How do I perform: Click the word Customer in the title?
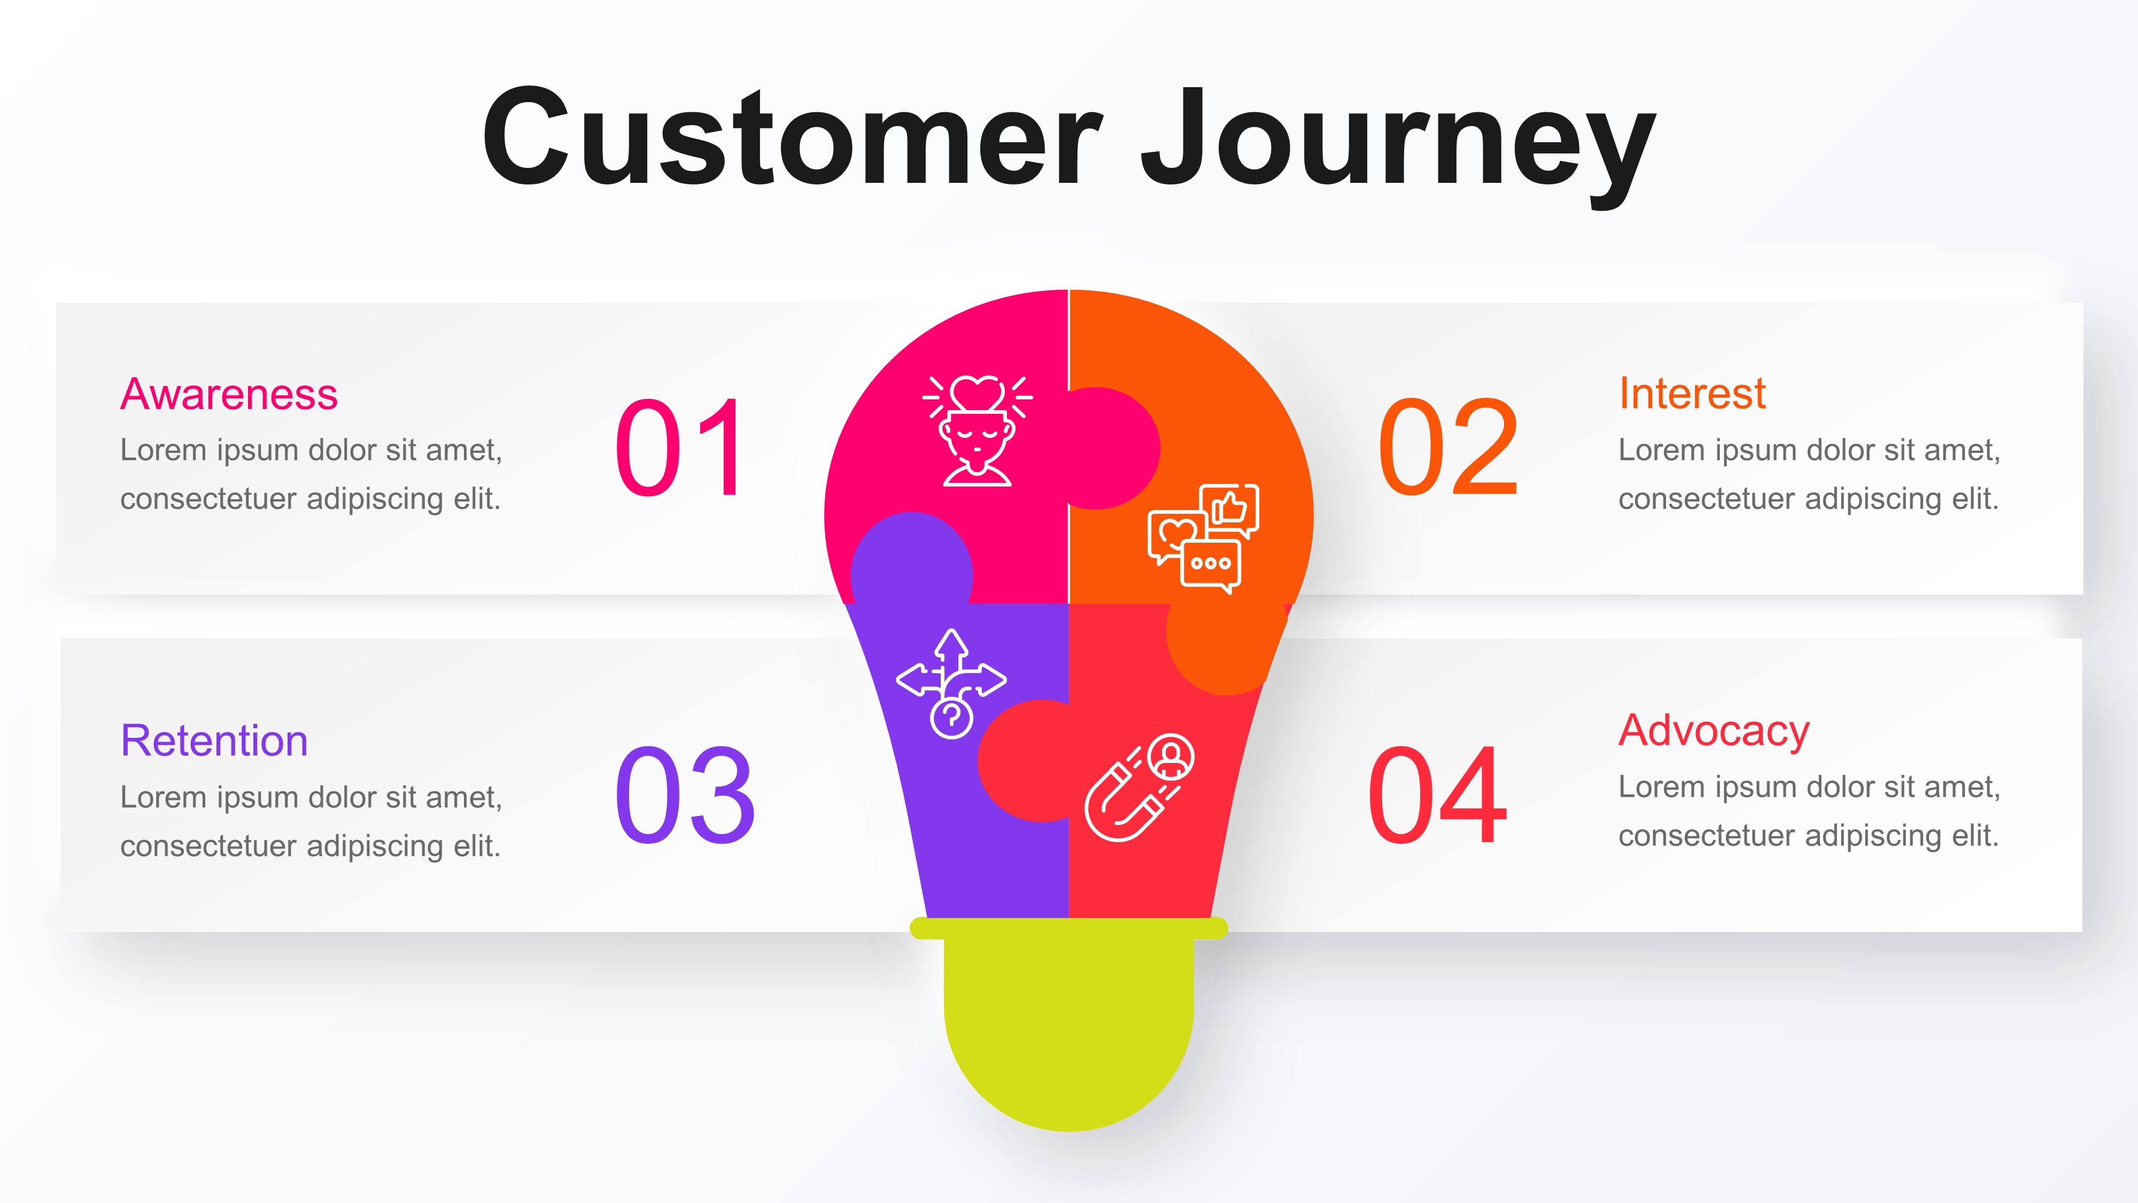793,137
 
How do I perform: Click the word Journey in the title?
1398,141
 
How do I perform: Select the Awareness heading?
229,395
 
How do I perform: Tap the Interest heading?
1692,394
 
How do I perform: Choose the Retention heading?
214,741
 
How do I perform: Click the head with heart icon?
978,430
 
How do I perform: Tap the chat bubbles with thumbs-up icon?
1204,538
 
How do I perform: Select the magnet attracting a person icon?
1140,787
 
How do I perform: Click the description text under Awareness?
311,474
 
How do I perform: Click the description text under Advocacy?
1809,811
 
